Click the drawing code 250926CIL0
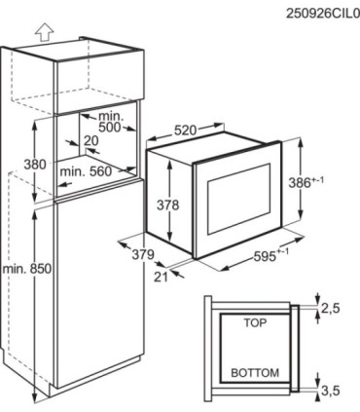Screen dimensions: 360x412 pos(323,14)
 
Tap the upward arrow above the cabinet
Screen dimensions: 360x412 pos(44,33)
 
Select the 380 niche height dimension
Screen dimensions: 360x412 pos(35,165)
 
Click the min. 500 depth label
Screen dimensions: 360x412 pos(109,122)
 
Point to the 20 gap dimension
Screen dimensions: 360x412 pos(90,141)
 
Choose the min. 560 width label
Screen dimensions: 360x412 pos(86,171)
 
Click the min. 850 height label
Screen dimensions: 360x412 pos(27,269)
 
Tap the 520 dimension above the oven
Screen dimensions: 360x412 pos(186,131)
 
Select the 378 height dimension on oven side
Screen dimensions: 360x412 pos(168,206)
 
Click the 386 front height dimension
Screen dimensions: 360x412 pos(306,182)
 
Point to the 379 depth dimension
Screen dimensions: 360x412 pos(143,254)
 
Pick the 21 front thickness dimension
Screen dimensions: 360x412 pos(162,277)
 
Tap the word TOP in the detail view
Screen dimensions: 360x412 pos(255,322)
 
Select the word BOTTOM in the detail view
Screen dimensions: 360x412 pos(255,373)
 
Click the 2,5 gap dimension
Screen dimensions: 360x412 pos(331,308)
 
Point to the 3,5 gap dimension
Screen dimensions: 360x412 pos(331,391)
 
